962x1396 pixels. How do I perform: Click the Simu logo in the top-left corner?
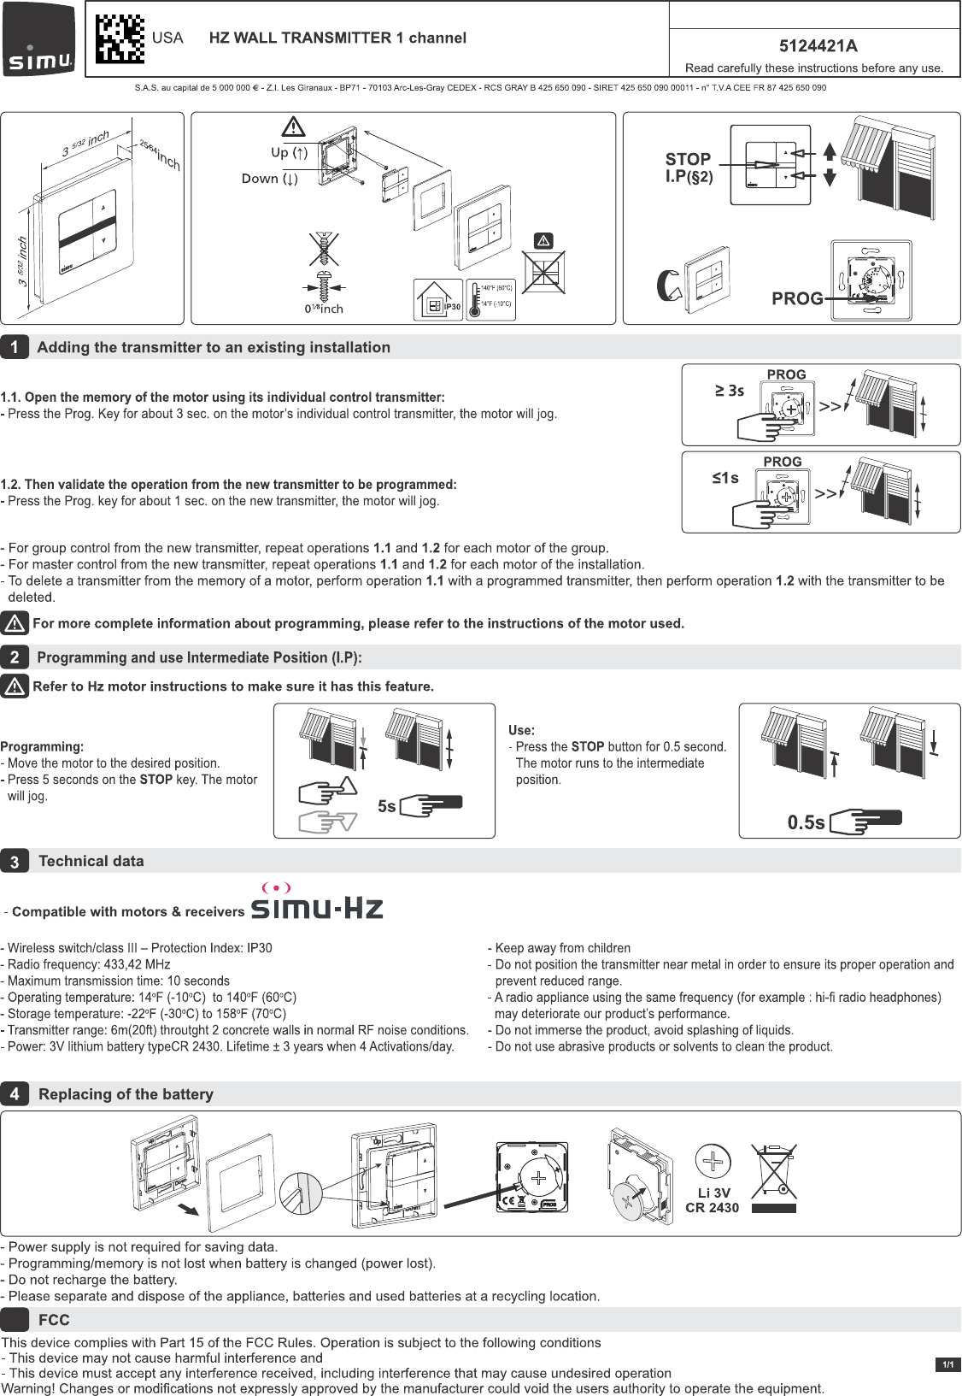tap(39, 39)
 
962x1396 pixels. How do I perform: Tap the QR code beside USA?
tap(120, 39)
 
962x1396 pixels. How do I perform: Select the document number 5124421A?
tap(818, 46)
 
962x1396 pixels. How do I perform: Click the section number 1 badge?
tap(15, 347)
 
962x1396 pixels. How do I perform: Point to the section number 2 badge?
tap(15, 657)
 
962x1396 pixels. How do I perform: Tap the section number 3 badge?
tap(15, 862)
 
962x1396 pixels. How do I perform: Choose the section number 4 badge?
tap(15, 1094)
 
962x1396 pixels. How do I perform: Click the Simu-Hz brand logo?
tap(316, 903)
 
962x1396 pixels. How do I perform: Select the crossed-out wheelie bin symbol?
tap(774, 1173)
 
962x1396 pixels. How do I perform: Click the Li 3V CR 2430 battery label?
tap(712, 1200)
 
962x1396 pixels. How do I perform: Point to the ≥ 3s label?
tap(730, 391)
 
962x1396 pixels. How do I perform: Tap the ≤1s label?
tap(725, 478)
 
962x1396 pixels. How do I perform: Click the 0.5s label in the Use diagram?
tap(806, 822)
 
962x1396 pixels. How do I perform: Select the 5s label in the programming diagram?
tap(386, 806)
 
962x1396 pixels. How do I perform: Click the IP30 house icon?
tap(438, 300)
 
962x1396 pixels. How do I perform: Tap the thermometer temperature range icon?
tap(491, 300)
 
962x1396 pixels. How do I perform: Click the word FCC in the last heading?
tap(54, 1320)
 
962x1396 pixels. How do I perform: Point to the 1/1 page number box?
tap(947, 1364)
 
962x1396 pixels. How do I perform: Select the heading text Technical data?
tap(91, 862)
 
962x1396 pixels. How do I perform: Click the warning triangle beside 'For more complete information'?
tap(15, 623)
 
